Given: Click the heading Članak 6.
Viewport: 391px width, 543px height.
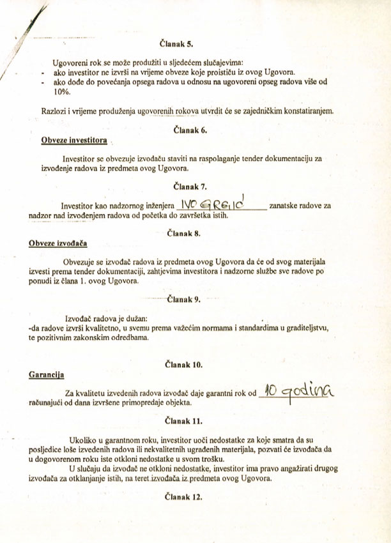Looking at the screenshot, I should (190, 130).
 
